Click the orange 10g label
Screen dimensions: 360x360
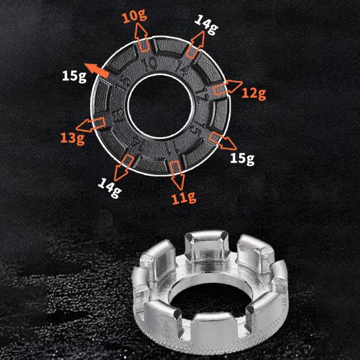click(135, 17)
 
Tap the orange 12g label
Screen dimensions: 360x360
click(254, 93)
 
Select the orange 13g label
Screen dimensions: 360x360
click(73, 139)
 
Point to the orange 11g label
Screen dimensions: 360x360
click(184, 197)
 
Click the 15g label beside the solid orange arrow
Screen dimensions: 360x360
click(74, 76)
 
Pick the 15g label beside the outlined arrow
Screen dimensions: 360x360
click(242, 158)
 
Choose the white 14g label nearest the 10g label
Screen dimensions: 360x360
click(206, 25)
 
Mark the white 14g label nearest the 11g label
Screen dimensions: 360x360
click(110, 188)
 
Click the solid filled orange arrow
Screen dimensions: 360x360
click(97, 70)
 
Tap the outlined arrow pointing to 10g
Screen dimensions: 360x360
click(142, 37)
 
